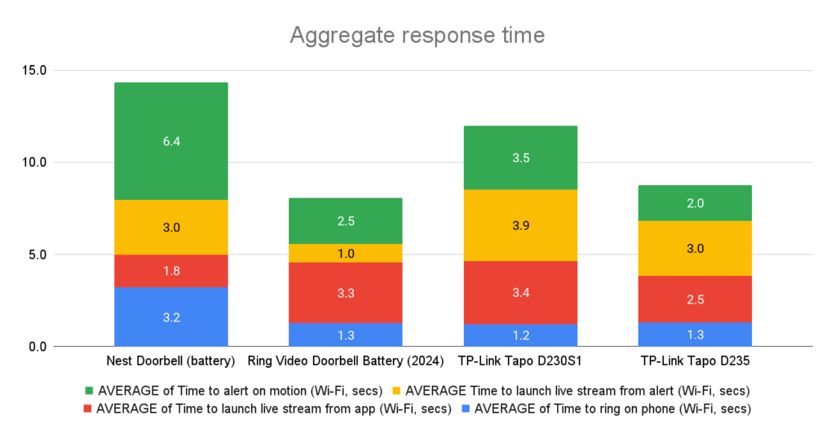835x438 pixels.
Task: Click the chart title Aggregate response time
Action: [417, 36]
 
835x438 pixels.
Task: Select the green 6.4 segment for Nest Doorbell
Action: [171, 141]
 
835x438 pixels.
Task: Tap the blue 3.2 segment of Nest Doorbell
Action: [171, 316]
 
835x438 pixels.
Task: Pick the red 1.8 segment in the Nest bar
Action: [171, 271]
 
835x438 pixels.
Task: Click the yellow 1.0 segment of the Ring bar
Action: [346, 253]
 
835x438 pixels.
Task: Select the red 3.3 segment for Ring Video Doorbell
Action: [346, 292]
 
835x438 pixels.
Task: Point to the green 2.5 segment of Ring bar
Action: [346, 221]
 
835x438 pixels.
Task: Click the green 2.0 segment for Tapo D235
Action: [695, 203]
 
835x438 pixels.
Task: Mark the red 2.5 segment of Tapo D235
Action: [695, 299]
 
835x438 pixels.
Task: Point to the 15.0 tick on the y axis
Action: [33, 70]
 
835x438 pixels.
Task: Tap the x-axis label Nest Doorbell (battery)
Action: [171, 361]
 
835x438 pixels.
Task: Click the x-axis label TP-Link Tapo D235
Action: [695, 361]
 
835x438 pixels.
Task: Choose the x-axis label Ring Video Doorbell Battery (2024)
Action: [346, 361]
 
